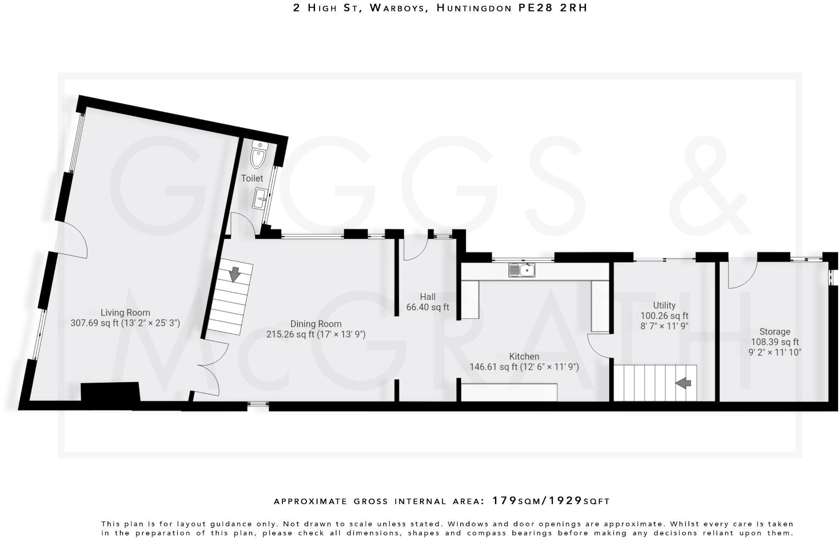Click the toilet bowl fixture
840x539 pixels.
pyautogui.click(x=258, y=156)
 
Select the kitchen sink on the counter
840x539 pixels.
pyautogui.click(x=522, y=269)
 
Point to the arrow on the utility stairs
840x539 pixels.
pyautogui.click(x=682, y=383)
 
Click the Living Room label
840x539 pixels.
pyautogui.click(x=125, y=313)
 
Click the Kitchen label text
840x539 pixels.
pyautogui.click(x=524, y=356)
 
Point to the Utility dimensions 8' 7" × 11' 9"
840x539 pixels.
pyautogui.click(x=664, y=326)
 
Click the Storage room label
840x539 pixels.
pyautogui.click(x=774, y=332)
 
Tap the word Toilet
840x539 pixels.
pyautogui.click(x=252, y=178)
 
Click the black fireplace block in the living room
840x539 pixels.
pyautogui.click(x=110, y=392)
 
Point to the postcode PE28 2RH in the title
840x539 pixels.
pyautogui.click(x=553, y=8)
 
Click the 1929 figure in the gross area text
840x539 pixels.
pyautogui.click(x=566, y=501)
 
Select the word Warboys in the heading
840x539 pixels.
pyautogui.click(x=398, y=8)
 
